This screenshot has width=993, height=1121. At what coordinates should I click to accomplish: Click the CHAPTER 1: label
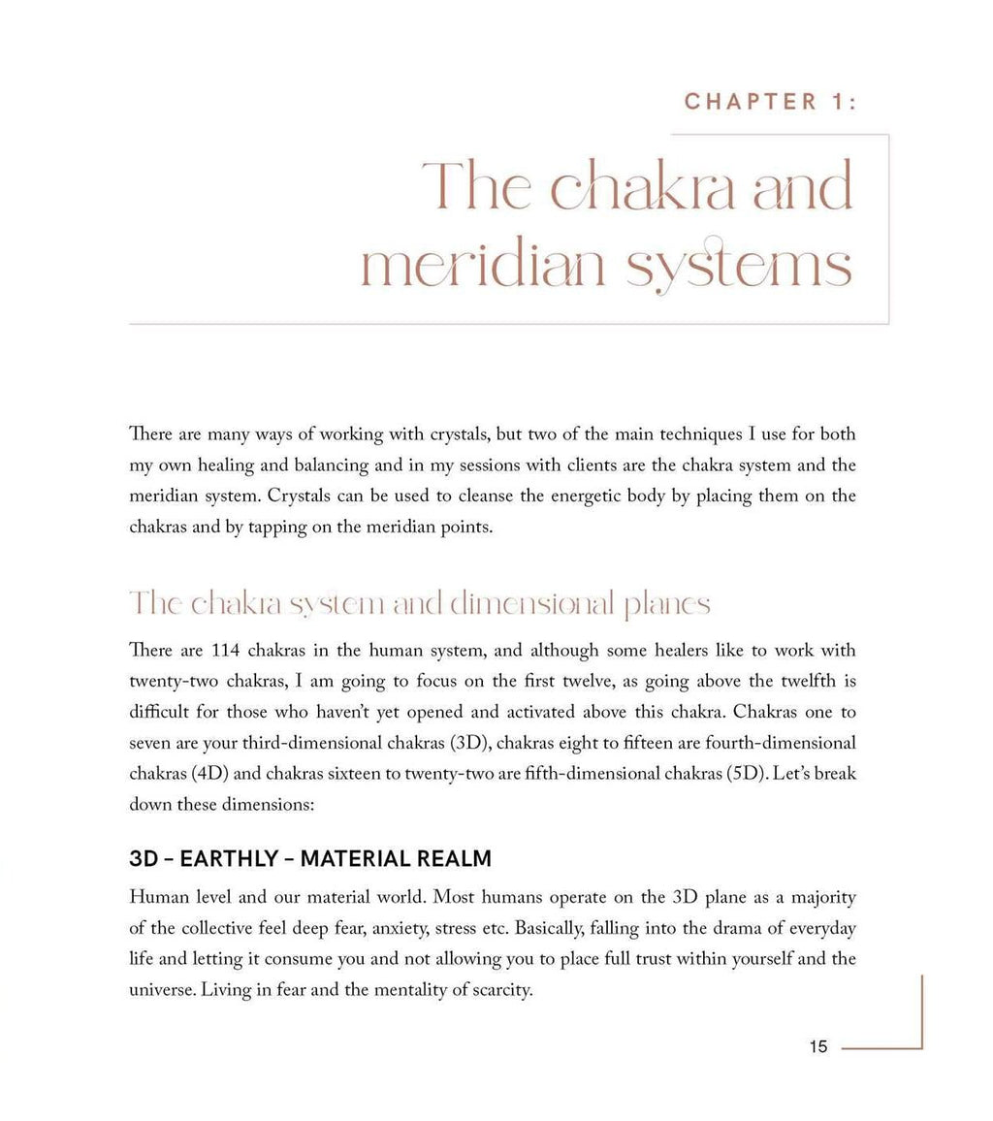pos(771,102)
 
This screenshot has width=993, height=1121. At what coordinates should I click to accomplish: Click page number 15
pos(817,1046)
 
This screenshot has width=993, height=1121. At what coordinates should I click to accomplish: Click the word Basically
pos(551,928)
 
